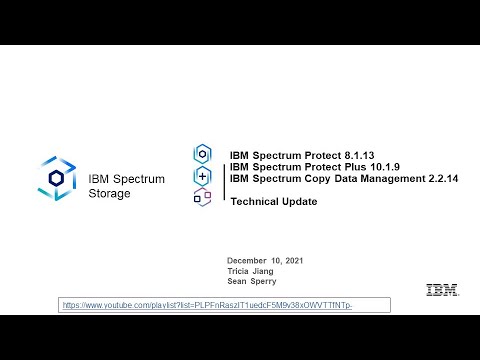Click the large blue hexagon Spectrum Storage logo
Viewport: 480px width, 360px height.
(57, 177)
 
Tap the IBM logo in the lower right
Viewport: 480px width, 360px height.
(441, 290)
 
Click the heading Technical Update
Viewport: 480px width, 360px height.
(273, 201)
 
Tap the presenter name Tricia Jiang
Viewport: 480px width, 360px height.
(250, 270)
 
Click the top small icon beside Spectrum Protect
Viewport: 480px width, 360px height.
(202, 154)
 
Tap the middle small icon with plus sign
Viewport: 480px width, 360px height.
(202, 176)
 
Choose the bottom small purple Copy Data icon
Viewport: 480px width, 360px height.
(202, 197)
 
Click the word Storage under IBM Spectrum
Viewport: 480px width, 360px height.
(109, 193)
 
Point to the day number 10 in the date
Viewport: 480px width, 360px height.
(274, 260)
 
